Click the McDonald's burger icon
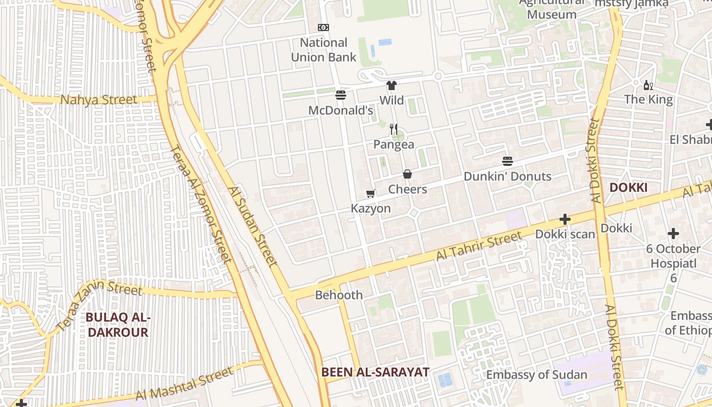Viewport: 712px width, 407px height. tap(341, 95)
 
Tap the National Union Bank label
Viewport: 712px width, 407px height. tap(324, 50)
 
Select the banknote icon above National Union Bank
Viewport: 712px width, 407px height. tap(323, 27)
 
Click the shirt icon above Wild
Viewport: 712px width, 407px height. tap(391, 85)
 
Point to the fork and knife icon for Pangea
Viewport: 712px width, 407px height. tap(393, 129)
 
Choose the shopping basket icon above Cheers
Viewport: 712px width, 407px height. tap(407, 174)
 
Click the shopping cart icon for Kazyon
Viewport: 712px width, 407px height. tap(371, 193)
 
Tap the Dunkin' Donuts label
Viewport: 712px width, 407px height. tap(508, 177)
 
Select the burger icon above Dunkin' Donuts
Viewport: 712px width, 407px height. tap(508, 161)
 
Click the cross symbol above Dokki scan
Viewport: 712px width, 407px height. tap(565, 219)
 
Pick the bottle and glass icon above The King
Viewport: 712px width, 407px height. tap(648, 85)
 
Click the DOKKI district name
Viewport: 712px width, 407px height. tap(628, 188)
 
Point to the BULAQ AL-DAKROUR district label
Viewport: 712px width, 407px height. tap(117, 325)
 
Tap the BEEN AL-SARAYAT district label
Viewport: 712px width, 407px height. tap(375, 372)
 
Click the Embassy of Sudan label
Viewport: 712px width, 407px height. tap(537, 375)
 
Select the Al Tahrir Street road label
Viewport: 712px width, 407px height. tap(479, 246)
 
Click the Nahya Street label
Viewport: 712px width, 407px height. tap(99, 100)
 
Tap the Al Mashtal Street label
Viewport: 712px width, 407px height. tap(185, 386)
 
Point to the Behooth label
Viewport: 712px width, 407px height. tap(339, 295)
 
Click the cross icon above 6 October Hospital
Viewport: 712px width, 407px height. tap(673, 234)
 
